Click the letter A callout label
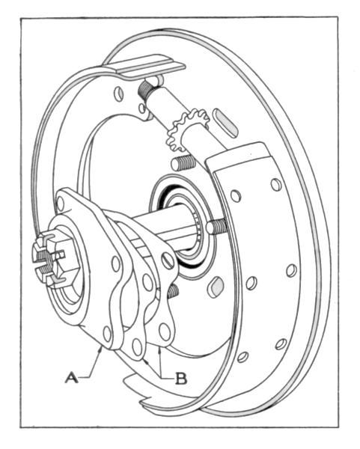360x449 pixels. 71,377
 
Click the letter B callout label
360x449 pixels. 181,378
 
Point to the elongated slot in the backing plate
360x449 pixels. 225,121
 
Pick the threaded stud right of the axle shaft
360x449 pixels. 217,226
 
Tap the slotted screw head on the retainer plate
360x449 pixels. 169,260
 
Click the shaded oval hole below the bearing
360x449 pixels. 217,287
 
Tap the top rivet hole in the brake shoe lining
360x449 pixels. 276,185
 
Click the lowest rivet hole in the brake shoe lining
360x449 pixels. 242,357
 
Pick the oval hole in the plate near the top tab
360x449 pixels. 118,94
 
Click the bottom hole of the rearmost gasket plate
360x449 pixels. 165,332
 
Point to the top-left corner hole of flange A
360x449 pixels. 61,204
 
